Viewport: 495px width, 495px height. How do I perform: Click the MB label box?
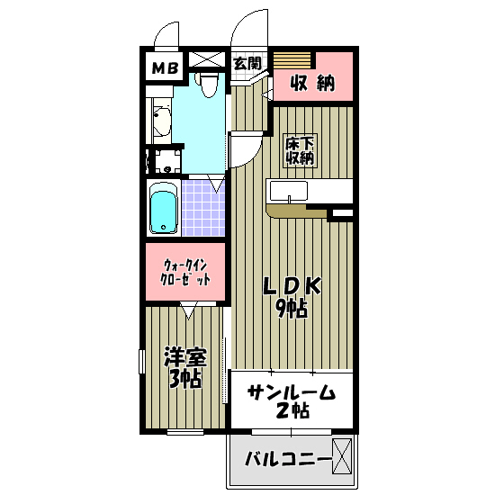pos(164,67)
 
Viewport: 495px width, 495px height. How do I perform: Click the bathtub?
pos(163,211)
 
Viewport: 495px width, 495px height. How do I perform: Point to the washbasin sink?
pos(162,121)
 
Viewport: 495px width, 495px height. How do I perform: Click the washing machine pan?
pos(165,162)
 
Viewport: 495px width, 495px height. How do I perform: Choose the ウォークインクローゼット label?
pos(186,272)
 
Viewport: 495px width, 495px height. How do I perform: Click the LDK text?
pos(292,285)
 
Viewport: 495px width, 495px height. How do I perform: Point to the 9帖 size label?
pos(292,309)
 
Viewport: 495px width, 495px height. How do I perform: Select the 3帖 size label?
pos(184,378)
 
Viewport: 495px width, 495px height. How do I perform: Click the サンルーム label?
pos(291,392)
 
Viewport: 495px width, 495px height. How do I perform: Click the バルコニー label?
pos(288,461)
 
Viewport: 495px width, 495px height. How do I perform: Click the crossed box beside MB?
pos(205,61)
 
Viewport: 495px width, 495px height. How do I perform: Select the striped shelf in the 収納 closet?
pos(292,59)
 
